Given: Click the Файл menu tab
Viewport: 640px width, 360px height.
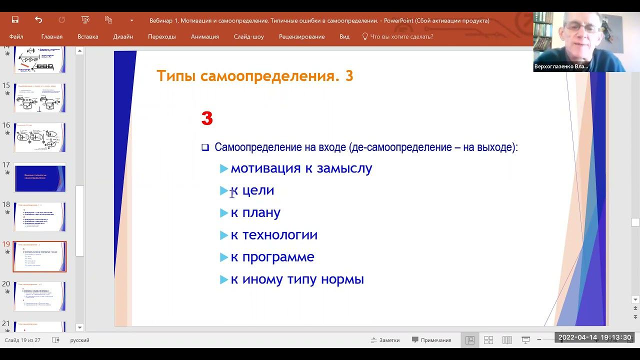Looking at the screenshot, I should (x=16, y=36).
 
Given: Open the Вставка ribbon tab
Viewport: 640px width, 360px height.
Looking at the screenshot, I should (x=87, y=36).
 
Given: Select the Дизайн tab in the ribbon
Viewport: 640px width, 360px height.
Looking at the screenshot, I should (x=123, y=36).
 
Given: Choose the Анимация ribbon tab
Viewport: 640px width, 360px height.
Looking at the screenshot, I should (x=204, y=36).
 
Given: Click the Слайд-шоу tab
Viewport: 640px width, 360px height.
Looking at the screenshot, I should (x=248, y=36).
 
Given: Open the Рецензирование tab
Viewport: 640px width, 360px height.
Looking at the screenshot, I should (x=301, y=36).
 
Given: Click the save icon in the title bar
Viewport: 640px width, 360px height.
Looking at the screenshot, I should (x=15, y=20).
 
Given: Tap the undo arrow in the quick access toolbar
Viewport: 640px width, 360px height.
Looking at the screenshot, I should (x=38, y=20).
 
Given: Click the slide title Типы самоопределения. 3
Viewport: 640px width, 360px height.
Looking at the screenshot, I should (x=254, y=76).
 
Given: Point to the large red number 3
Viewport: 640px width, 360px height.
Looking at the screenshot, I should (x=207, y=119).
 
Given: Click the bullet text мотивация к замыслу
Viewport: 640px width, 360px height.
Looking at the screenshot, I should (x=301, y=168).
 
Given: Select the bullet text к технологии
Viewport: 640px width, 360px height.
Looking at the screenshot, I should (x=273, y=235).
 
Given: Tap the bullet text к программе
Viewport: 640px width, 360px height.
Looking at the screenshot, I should (x=272, y=257).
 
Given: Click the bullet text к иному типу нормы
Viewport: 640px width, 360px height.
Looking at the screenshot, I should (x=297, y=279).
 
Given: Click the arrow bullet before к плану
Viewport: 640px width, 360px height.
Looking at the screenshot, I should (x=224, y=213).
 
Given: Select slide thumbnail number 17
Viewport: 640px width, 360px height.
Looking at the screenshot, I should (x=40, y=177).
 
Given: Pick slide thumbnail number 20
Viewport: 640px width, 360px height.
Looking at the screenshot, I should (x=40, y=296).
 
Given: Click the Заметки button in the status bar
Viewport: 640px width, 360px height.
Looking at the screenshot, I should (x=385, y=340).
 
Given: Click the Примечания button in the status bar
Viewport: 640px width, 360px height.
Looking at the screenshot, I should (x=431, y=340).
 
